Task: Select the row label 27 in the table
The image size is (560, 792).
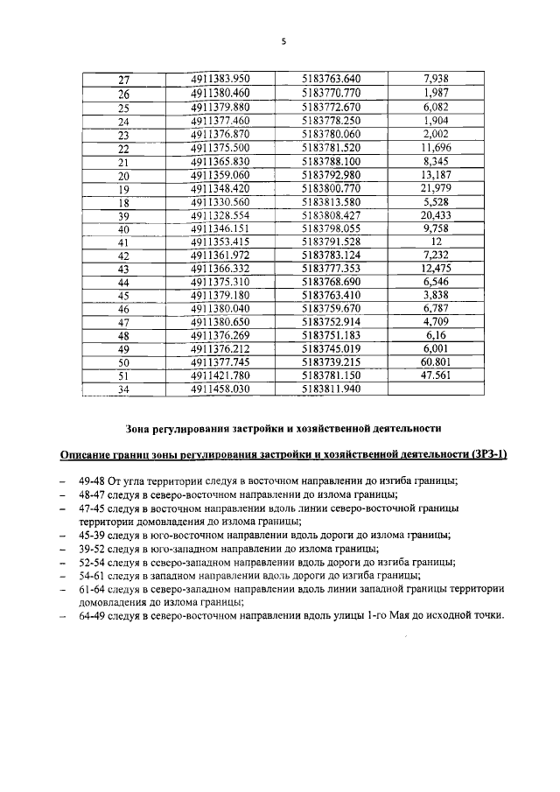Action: point(123,80)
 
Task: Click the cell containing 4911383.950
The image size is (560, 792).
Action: point(220,79)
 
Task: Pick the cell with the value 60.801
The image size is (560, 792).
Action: point(435,361)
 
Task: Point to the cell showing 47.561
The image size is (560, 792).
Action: point(435,375)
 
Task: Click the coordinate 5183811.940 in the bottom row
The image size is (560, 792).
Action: point(331,389)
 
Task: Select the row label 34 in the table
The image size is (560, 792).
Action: point(123,390)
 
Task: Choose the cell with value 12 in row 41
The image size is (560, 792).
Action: point(435,242)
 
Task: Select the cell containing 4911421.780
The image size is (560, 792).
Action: point(220,375)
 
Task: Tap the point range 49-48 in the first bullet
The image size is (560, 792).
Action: point(92,480)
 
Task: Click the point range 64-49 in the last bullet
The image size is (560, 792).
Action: point(92,615)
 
